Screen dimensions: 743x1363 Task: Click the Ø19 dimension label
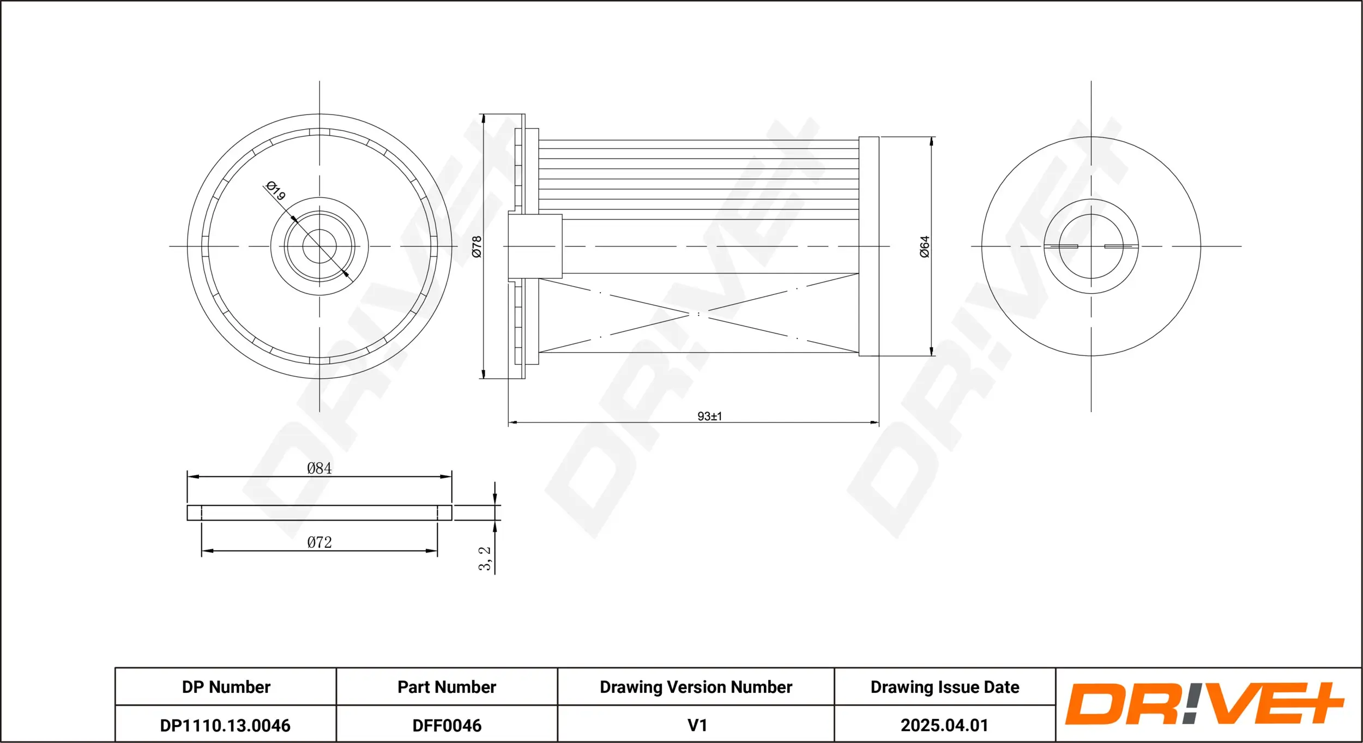[x=276, y=191]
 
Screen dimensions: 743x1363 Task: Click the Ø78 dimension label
[x=477, y=246]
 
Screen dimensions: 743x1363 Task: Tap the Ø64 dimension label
[x=925, y=246]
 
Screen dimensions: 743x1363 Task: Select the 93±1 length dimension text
[x=709, y=416]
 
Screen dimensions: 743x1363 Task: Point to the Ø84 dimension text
[x=319, y=468]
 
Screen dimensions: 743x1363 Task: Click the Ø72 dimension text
[x=319, y=542]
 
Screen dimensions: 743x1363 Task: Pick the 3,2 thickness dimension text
[x=484, y=559]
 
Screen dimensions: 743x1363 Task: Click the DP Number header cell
[x=226, y=687]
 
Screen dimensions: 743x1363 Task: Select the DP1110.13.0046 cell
[x=225, y=726]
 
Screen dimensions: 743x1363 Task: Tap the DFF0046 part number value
[x=447, y=726]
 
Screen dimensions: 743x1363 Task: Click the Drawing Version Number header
[x=696, y=687]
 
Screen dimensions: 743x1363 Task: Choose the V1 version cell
[x=697, y=726]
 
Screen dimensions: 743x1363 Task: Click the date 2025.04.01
[x=944, y=726]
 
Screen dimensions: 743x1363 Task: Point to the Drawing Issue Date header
[x=944, y=687]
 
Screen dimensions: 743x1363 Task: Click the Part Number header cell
[x=447, y=687]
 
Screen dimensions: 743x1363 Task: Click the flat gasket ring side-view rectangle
[x=319, y=512]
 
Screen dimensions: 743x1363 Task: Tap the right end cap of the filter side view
[x=869, y=246]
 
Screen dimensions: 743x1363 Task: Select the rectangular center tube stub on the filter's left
[x=535, y=246]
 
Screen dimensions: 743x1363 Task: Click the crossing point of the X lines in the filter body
[x=698, y=314]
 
